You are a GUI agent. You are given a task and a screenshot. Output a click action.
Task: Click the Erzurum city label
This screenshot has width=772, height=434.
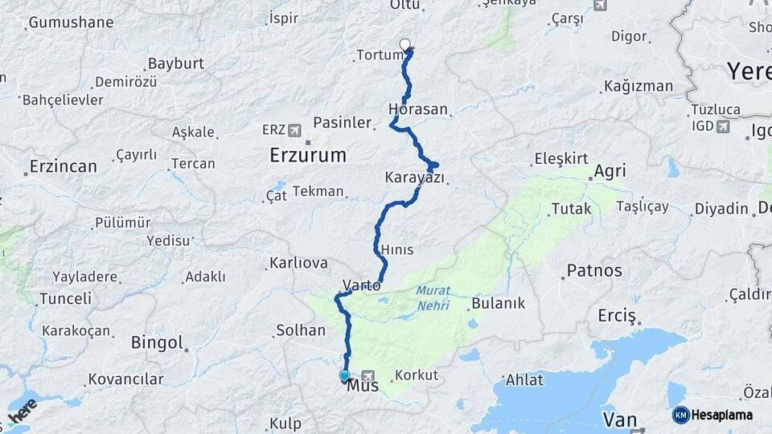(308, 154)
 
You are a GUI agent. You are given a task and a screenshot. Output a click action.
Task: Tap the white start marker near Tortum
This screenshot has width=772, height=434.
(404, 45)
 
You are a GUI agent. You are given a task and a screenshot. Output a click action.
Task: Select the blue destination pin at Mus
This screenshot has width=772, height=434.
(344, 375)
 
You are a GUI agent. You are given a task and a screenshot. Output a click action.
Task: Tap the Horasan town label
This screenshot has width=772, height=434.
(417, 108)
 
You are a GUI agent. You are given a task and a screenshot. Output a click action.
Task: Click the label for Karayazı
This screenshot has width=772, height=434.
(414, 177)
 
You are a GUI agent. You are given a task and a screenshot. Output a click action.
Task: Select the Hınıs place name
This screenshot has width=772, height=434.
(397, 250)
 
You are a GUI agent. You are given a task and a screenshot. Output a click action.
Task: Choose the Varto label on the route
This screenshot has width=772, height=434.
(361, 285)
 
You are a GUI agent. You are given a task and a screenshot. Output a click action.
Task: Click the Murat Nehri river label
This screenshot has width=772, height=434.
(433, 297)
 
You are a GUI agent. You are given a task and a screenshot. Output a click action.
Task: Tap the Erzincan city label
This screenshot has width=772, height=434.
(63, 166)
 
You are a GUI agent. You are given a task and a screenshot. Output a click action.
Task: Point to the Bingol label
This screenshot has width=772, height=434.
(158, 343)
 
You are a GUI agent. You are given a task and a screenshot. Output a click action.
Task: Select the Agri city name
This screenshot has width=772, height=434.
(610, 171)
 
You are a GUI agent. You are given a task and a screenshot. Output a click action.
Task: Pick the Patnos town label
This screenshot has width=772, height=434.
(594, 271)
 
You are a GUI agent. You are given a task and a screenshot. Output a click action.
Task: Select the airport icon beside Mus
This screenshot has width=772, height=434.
(368, 375)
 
